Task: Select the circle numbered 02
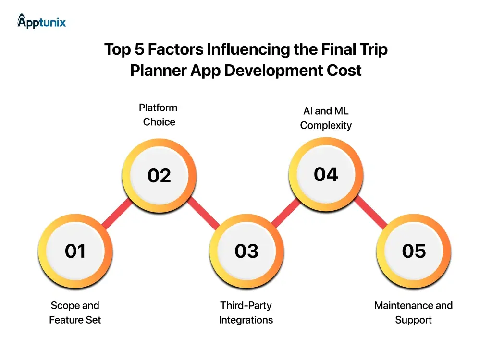pos(159,175)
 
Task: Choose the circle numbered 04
pos(326,174)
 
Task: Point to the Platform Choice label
pos(159,115)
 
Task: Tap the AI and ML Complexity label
pos(326,118)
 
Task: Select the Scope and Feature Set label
pos(75,312)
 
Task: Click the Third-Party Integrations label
pos(246,312)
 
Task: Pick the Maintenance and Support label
pos(413,312)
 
